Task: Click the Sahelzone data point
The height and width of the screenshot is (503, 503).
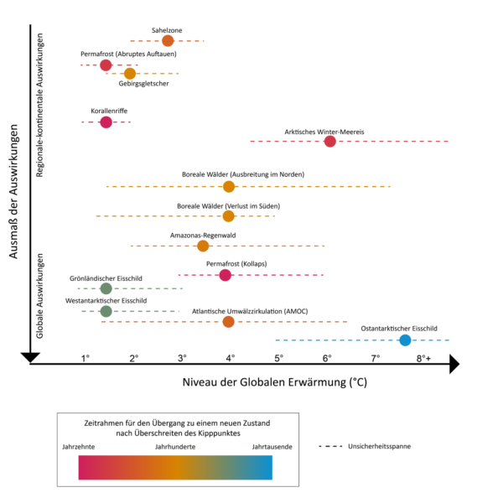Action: click(168, 40)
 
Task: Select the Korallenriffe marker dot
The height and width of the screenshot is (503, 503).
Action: click(106, 122)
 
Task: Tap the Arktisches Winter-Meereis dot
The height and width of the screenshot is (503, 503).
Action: click(329, 141)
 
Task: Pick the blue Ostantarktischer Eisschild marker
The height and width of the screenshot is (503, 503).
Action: click(405, 340)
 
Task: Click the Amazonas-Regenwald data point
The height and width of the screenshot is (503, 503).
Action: click(203, 246)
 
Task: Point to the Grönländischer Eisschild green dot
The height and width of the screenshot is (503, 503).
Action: click(106, 288)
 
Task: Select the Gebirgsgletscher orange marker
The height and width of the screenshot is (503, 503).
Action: click(130, 74)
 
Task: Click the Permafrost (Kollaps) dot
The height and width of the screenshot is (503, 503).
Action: click(225, 275)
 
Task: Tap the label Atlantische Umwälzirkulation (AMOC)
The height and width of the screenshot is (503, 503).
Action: click(250, 311)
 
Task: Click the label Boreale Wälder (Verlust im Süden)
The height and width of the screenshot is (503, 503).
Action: click(228, 205)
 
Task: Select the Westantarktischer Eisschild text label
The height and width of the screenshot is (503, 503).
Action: click(106, 300)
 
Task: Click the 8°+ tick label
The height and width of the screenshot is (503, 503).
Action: click(424, 359)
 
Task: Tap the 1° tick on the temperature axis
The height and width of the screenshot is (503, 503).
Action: click(86, 359)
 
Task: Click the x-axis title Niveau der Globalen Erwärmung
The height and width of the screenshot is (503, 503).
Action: click(274, 381)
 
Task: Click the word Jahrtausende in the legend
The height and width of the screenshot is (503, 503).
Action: click(272, 447)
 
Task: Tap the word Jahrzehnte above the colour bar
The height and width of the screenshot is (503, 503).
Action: click(79, 447)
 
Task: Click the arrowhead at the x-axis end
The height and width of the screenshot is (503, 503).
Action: click(454, 364)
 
